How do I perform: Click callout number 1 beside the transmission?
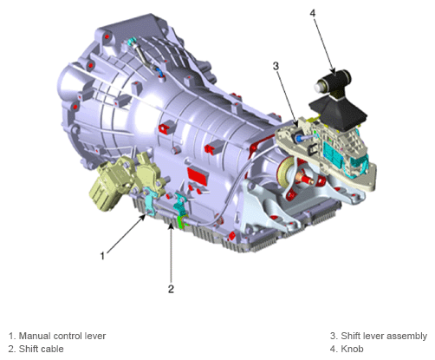[x=102, y=256]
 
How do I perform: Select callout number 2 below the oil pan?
[x=171, y=289]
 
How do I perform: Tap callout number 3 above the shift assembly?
[x=276, y=66]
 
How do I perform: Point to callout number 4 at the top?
[x=313, y=13]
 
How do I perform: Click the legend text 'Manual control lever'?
[x=62, y=336]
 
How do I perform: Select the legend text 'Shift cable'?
[x=41, y=349]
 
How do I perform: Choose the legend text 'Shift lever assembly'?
[x=384, y=336]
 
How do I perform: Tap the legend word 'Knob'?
[x=352, y=349]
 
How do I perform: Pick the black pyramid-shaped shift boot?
[x=338, y=114]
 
